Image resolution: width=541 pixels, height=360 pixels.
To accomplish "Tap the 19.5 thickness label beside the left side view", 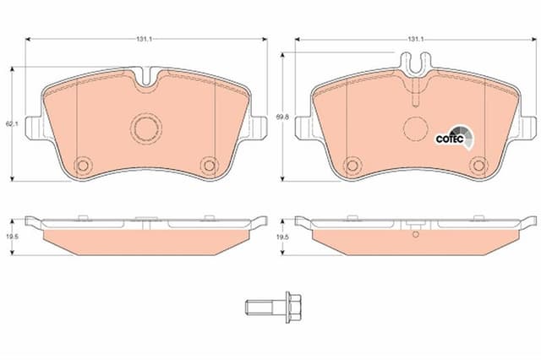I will pyautogui.click(x=9, y=238).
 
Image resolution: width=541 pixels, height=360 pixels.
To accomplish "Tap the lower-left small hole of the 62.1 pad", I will pyautogui.click(x=83, y=165).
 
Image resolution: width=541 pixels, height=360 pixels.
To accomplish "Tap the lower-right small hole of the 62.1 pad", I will pyautogui.click(x=208, y=165).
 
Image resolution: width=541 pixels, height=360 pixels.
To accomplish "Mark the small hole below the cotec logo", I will pyautogui.click(x=478, y=165).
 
